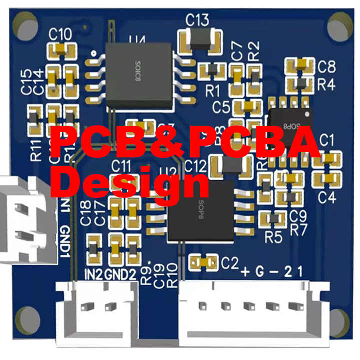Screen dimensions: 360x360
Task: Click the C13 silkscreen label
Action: pyautogui.click(x=197, y=20)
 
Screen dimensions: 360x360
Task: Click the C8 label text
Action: pyautogui.click(x=326, y=66)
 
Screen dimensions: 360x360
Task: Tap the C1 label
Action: pyautogui.click(x=327, y=140)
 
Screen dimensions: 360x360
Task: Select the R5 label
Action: pyautogui.click(x=273, y=237)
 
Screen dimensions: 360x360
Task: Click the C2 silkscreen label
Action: pyautogui.click(x=230, y=261)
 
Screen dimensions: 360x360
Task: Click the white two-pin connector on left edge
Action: pyautogui.click(x=25, y=220)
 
